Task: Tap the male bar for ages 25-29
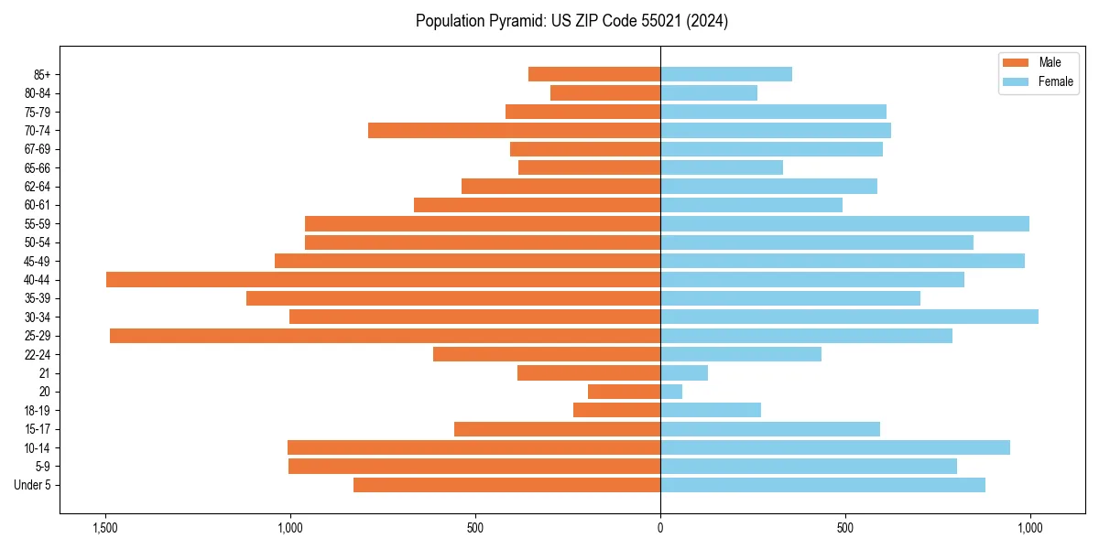[x=385, y=336]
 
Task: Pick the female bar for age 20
[x=671, y=392]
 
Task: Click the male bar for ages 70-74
[x=514, y=131]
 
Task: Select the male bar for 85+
[x=594, y=74]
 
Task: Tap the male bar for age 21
[x=589, y=373]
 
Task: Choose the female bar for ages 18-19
[x=711, y=410]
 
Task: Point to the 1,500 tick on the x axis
[x=105, y=528]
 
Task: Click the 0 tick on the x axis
[x=660, y=528]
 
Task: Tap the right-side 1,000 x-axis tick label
[x=1030, y=528]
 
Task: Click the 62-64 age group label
[x=38, y=187]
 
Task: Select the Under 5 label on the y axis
[x=33, y=485]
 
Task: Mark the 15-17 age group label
[x=38, y=429]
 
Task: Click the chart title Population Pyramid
[x=571, y=21]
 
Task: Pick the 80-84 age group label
[x=38, y=93]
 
